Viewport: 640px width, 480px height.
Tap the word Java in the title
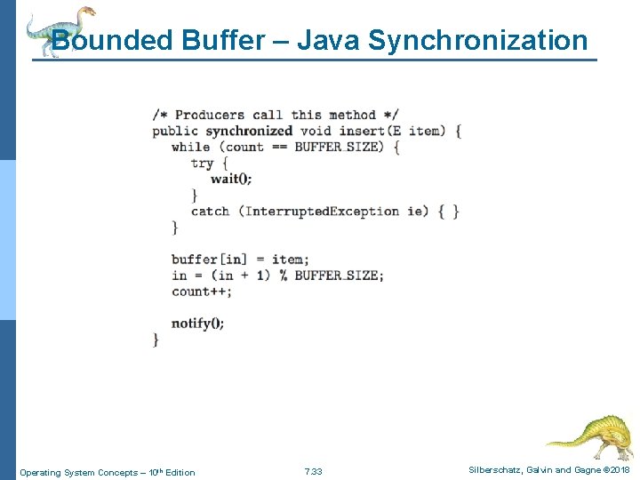click(328, 41)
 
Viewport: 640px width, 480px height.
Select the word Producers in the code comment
click(209, 115)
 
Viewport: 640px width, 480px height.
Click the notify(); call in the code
click(197, 323)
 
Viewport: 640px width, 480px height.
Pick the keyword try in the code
click(202, 163)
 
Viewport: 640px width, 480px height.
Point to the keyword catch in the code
click(210, 211)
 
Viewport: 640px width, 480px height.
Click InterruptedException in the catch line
click(322, 211)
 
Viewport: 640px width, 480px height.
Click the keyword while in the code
click(190, 147)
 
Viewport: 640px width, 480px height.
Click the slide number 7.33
click(313, 471)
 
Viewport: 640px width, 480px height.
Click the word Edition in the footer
click(178, 472)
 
